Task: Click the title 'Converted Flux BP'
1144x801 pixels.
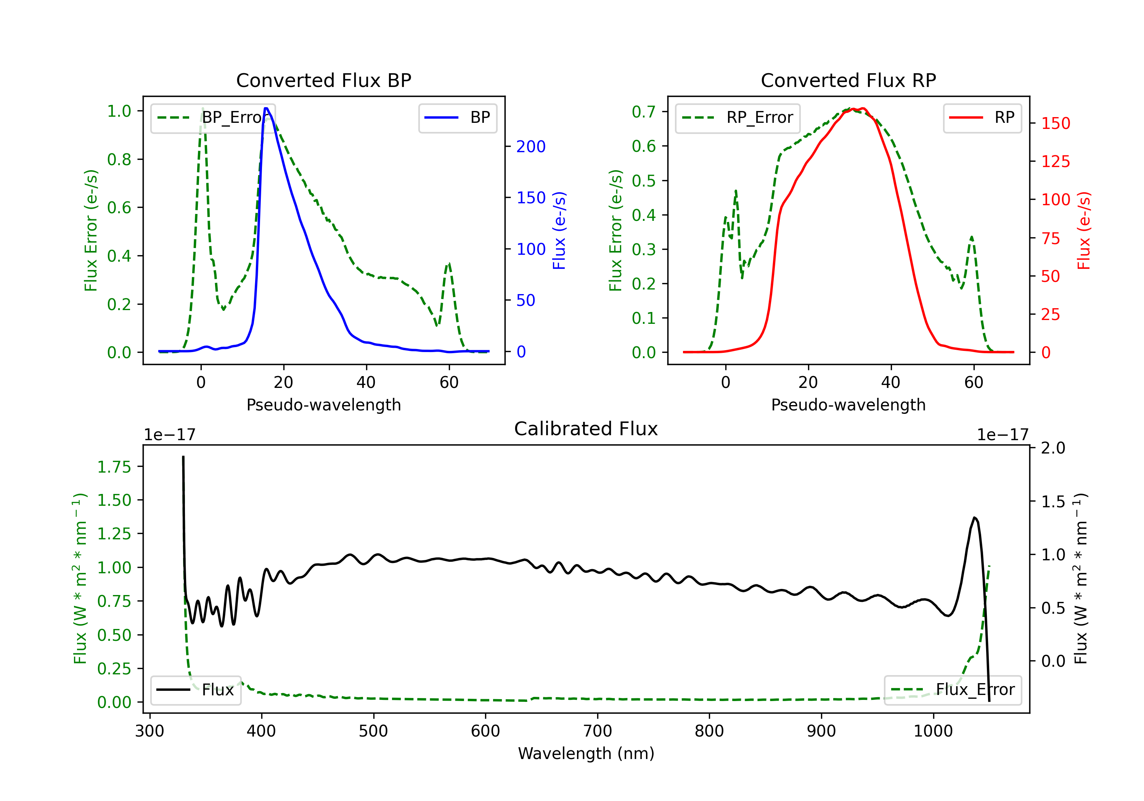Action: pos(323,80)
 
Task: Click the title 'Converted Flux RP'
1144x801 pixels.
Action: pos(848,80)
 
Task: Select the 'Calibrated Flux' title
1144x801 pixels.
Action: pos(586,429)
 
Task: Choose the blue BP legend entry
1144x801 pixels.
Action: pos(457,117)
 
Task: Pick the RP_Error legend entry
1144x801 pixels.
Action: pos(737,117)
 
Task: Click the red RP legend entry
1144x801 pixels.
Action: pos(982,117)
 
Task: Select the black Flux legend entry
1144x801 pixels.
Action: pos(195,690)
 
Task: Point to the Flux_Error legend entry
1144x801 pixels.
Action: pos(953,690)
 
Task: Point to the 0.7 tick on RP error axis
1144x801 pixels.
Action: pos(643,112)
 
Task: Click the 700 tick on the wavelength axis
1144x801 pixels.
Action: pos(598,731)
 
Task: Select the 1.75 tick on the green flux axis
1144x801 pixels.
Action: pos(114,467)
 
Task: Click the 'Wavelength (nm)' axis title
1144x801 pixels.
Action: pos(586,753)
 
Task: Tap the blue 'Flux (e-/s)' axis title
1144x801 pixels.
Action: pos(559,230)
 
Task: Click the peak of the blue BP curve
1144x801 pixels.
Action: pos(266,108)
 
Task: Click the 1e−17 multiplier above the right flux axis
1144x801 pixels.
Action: pos(1003,435)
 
